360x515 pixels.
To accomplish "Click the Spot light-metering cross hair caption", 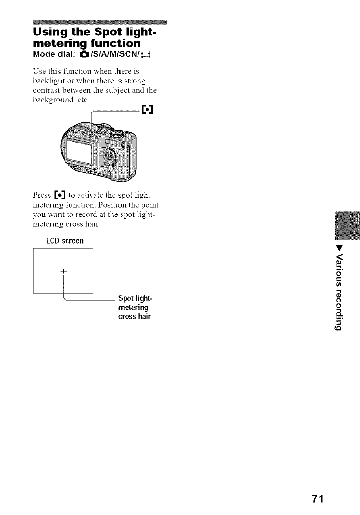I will click(x=134, y=307).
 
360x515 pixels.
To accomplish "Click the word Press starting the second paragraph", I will click(x=41, y=195).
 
